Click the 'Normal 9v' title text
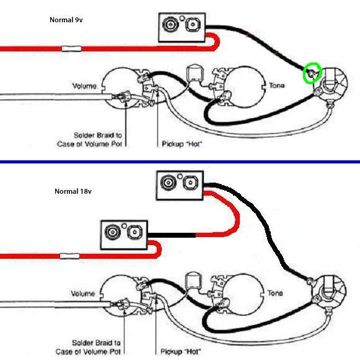click(66, 20)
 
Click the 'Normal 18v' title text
click(73, 191)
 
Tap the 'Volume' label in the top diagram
click(84, 86)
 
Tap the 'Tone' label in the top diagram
click(276, 85)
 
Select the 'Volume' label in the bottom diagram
click(83, 293)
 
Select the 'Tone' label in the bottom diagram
click(275, 293)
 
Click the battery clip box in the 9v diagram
click(182, 28)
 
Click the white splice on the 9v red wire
click(71, 49)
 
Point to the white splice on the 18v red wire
click(70, 256)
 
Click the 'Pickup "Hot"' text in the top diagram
click(182, 144)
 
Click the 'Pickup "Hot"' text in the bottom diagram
click(180, 352)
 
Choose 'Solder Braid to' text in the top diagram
click(98, 135)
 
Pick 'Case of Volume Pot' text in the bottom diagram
click(88, 352)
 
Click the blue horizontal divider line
click(180, 162)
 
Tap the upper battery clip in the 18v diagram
click(180, 186)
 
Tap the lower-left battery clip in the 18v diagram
click(124, 235)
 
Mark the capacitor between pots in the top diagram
click(195, 73)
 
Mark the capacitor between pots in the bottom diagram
click(193, 280)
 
